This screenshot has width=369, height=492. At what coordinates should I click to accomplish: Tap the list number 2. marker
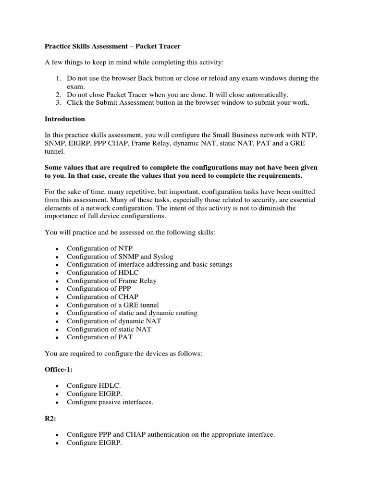[x=58, y=95]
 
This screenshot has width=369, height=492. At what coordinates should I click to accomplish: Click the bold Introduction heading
[x=65, y=119]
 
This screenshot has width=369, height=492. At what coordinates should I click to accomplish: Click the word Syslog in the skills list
[x=172, y=256]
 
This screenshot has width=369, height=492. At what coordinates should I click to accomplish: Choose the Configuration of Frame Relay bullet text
[x=111, y=281]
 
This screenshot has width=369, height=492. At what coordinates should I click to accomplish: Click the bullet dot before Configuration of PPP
[x=57, y=289]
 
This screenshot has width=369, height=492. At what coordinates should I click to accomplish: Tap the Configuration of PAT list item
[x=99, y=337]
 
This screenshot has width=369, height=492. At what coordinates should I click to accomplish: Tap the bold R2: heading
[x=50, y=418]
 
